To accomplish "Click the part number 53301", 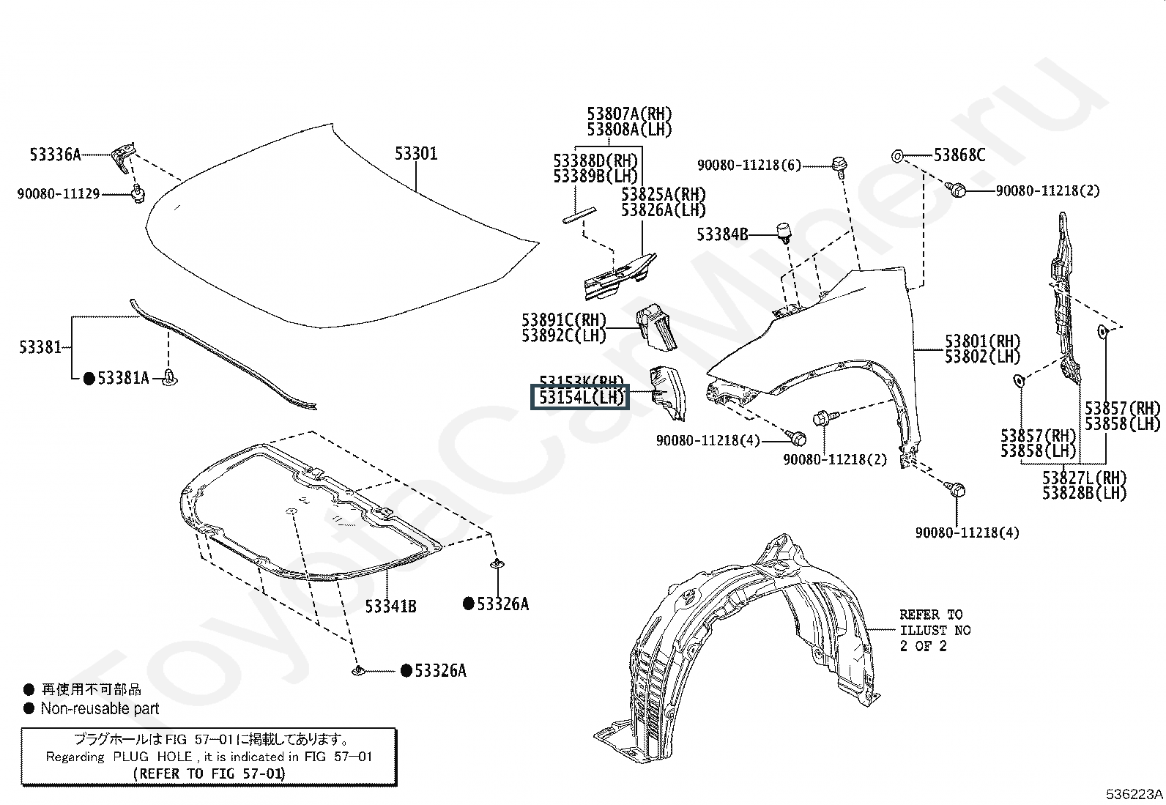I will [x=416, y=154].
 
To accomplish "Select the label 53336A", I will [x=55, y=155].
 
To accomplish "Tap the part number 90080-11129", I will [x=59, y=194].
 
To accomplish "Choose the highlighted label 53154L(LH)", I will [x=580, y=398].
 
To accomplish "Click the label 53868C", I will [x=959, y=155].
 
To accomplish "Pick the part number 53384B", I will [x=722, y=234].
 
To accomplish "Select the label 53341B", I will [x=391, y=606].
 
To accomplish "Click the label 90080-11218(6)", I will [x=749, y=166].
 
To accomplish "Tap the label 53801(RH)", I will [x=982, y=341].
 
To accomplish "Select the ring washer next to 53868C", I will [x=897, y=155].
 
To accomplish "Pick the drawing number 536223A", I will [x=1134, y=793].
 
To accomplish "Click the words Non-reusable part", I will [x=100, y=708].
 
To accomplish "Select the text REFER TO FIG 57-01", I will [x=209, y=773].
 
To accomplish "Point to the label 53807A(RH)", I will [x=629, y=114].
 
